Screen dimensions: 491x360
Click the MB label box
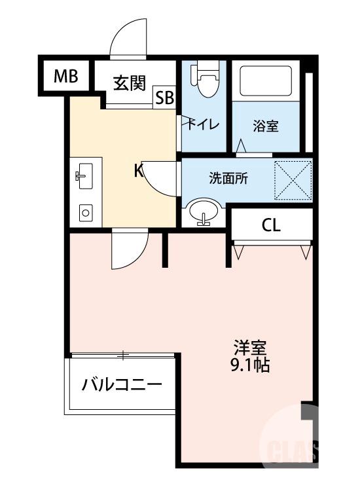65,77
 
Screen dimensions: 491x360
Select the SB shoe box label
164,98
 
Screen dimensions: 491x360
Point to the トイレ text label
204,124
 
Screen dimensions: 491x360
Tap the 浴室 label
266,126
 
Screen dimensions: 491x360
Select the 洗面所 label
228,177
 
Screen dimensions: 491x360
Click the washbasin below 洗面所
204,213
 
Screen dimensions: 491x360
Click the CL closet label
271,226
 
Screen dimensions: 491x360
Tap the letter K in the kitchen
139,172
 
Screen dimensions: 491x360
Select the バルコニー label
122,385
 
